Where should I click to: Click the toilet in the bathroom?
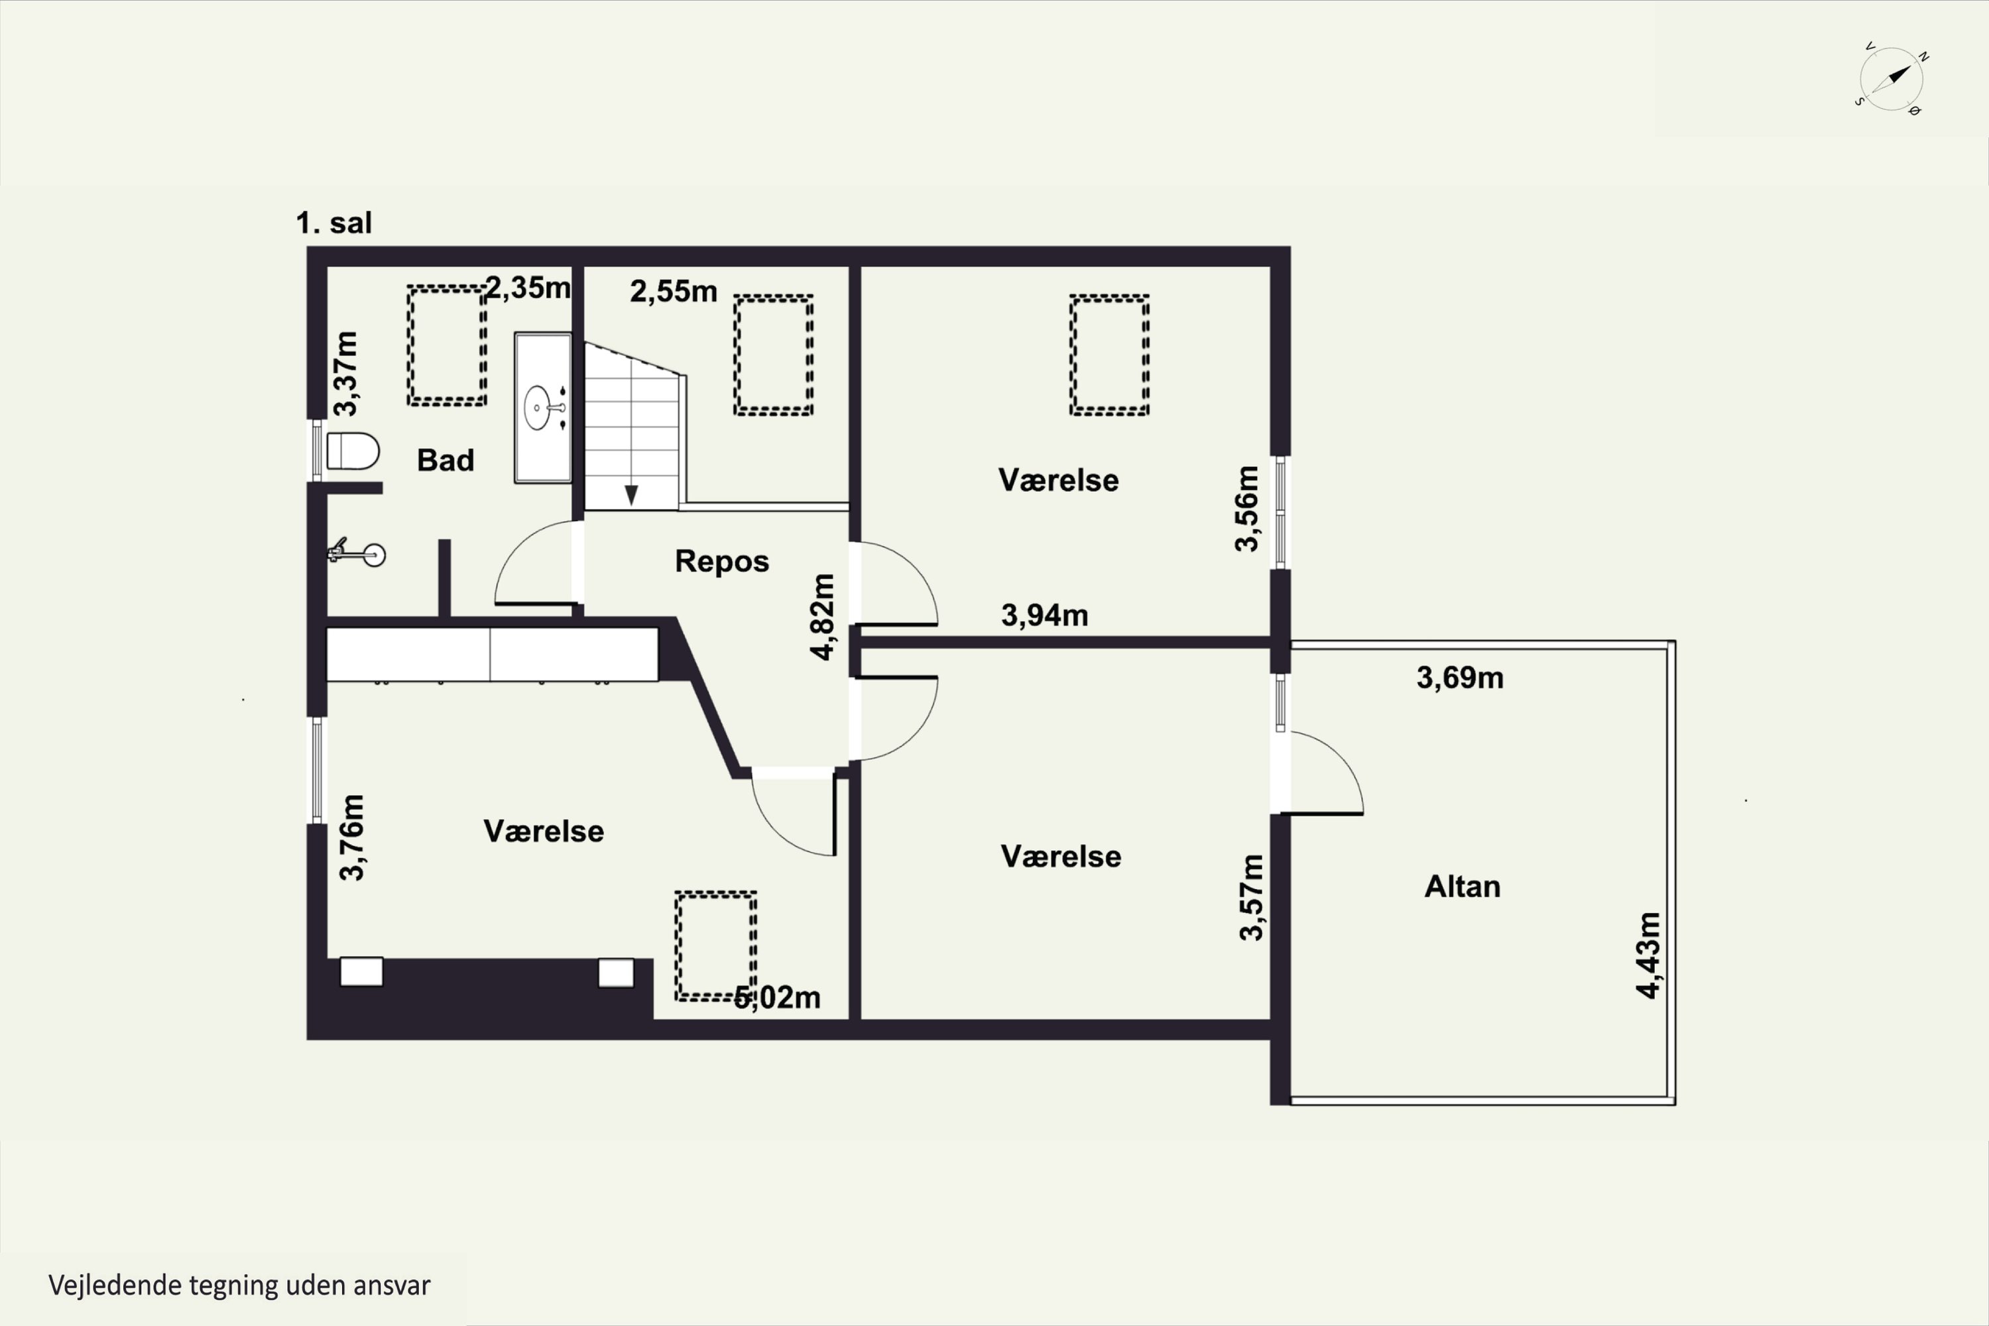pos(352,452)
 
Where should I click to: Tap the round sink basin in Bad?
pos(538,408)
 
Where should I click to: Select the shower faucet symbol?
pos(356,553)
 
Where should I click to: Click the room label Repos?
pos(721,562)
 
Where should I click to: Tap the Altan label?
pos(1462,886)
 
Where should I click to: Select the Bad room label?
pos(446,460)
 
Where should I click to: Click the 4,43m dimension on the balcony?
pos(1648,955)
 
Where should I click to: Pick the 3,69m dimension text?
pos(1460,678)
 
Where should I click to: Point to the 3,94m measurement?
pos(1044,615)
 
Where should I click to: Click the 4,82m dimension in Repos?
pos(822,617)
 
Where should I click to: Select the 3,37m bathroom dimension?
pos(345,373)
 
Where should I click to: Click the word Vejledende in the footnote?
pos(114,1285)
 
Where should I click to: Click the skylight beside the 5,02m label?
pos(715,946)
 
